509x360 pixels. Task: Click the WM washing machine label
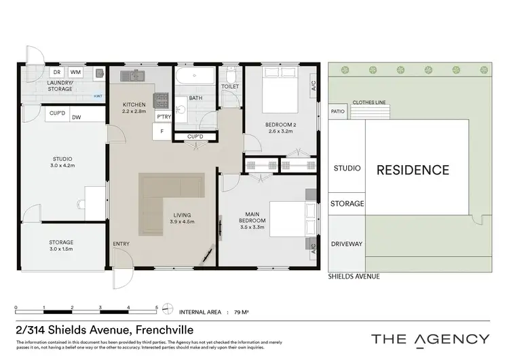click(x=75, y=71)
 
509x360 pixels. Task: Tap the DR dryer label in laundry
click(x=58, y=71)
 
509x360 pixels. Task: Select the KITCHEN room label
click(x=134, y=105)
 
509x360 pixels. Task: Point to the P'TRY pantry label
click(x=164, y=118)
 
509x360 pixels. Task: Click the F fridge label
click(x=162, y=130)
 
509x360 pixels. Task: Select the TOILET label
click(x=230, y=87)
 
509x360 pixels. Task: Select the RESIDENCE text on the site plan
click(x=413, y=170)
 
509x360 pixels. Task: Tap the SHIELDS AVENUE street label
click(x=354, y=276)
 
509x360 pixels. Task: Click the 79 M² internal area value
click(x=241, y=312)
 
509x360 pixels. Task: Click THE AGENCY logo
click(x=430, y=338)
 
